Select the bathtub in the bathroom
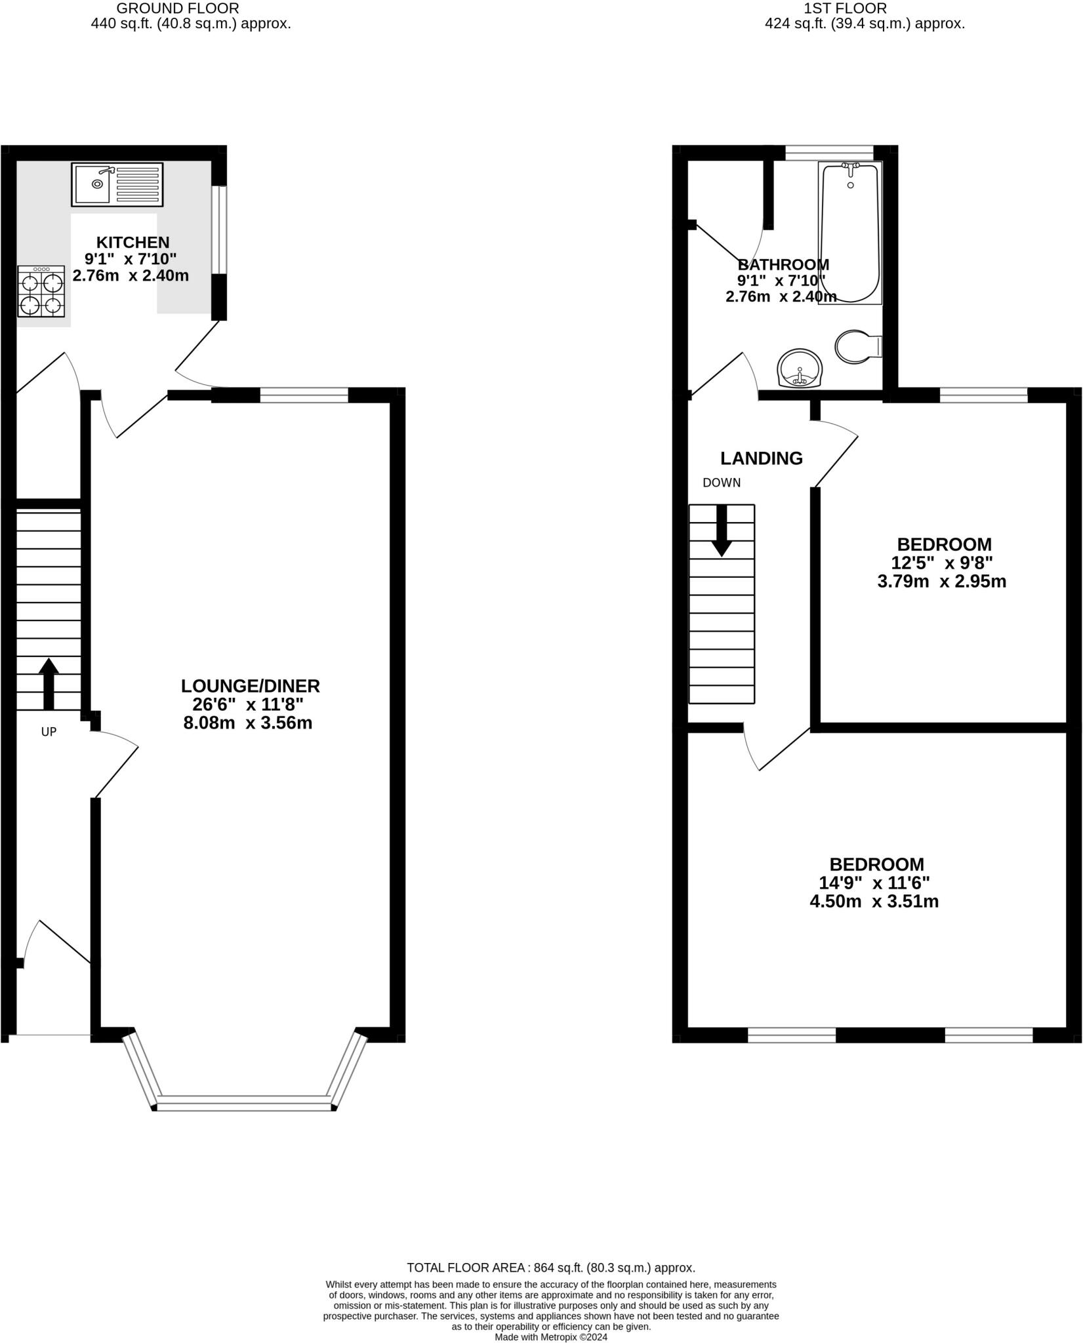(850, 233)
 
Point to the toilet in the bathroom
(857, 346)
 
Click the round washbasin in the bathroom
(799, 369)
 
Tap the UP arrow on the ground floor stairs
(49, 684)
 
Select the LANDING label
(761, 458)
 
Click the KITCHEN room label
(133, 243)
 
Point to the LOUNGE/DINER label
(251, 686)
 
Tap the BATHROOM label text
(783, 265)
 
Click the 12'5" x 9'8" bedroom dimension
(941, 563)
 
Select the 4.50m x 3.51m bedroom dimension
(874, 901)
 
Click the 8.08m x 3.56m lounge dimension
(248, 723)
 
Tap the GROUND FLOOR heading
(177, 9)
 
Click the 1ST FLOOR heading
(845, 9)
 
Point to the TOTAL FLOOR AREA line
(550, 1268)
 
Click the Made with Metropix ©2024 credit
(551, 1336)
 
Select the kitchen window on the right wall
(222, 230)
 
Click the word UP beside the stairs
(49, 732)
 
